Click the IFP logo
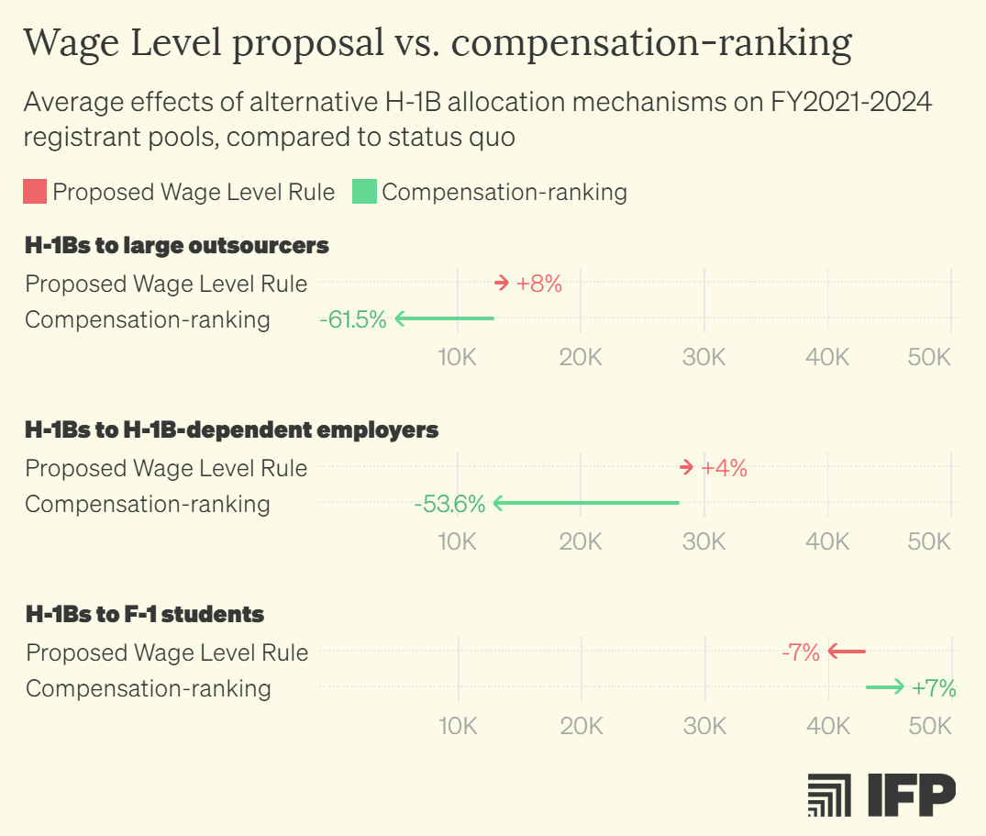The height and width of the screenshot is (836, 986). coord(881,795)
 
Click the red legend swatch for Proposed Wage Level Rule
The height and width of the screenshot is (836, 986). coord(35,192)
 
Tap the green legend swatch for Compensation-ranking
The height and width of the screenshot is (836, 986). coord(364,192)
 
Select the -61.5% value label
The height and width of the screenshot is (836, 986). coord(353,319)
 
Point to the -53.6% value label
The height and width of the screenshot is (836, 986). coord(449,504)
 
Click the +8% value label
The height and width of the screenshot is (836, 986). coord(538,284)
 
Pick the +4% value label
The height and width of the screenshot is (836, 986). coord(724,468)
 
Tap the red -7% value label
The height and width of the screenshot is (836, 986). coord(801,652)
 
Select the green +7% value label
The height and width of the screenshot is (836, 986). coord(934,687)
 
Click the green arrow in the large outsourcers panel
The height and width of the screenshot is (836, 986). coord(445,318)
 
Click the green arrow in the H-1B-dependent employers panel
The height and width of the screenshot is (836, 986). coord(586,503)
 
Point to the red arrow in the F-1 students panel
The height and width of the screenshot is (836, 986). coord(846,652)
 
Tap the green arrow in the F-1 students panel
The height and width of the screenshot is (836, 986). coord(885,686)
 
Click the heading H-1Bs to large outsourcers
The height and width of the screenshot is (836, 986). coord(177,245)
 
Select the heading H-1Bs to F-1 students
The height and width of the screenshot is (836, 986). coord(145,614)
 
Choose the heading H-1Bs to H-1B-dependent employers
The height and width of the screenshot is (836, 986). coord(232,429)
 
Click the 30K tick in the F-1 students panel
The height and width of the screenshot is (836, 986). coord(704,726)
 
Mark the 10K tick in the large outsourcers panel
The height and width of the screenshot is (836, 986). coord(457,357)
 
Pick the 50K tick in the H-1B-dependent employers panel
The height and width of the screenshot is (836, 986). coord(929,541)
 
